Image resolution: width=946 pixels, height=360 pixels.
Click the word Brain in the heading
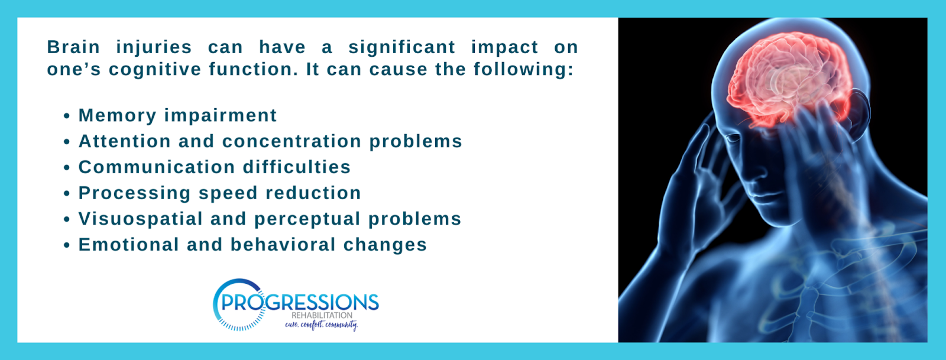73,47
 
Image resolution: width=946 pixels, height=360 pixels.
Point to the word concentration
292,141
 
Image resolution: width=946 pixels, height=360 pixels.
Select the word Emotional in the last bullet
129,245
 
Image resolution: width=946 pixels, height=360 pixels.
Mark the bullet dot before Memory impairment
66,116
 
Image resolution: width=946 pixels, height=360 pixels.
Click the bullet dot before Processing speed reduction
66,194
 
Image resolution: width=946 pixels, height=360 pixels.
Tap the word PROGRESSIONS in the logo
300,302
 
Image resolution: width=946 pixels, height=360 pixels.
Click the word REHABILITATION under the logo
322,315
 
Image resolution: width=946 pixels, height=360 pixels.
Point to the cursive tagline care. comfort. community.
322,325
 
